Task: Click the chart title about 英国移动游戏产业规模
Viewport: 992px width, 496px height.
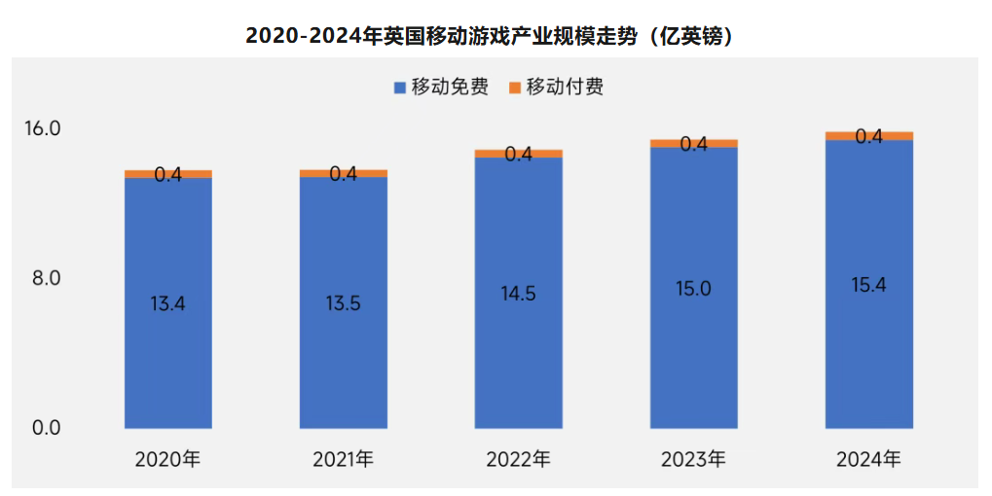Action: [496, 36]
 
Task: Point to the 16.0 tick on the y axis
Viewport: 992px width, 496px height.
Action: [42, 128]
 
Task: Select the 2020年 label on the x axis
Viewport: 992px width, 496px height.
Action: [167, 459]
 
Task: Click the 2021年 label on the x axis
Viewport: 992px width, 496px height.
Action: [343, 459]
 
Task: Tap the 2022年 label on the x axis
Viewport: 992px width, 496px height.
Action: [518, 459]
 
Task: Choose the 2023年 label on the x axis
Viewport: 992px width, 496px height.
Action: [693, 459]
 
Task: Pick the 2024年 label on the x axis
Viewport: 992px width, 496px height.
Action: [868, 459]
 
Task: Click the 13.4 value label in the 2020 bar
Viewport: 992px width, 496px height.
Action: [167, 303]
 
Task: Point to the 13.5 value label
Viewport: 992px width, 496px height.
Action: [343, 303]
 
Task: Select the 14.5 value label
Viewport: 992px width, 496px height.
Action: [518, 294]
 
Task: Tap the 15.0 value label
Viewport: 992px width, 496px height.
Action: [693, 289]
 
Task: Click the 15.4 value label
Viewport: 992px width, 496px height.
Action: [868, 285]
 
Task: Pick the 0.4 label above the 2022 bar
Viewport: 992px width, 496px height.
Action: [518, 154]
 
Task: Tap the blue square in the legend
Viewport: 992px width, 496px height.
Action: [399, 89]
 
